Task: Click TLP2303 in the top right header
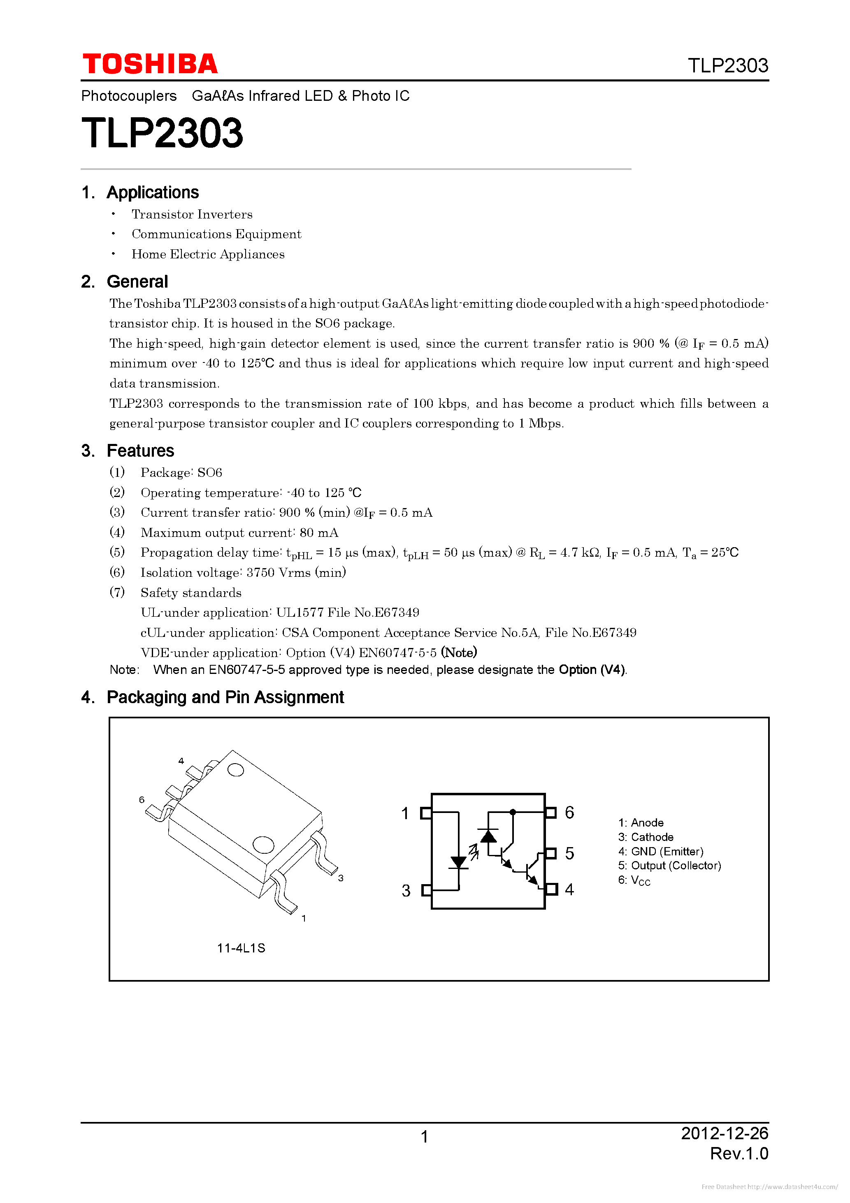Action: click(x=727, y=65)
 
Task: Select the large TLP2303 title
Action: click(x=163, y=133)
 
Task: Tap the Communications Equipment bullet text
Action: click(x=216, y=234)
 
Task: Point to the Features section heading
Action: click(x=140, y=451)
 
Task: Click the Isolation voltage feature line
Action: click(x=243, y=573)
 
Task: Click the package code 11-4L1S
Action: click(x=241, y=948)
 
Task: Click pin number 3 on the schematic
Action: click(x=406, y=891)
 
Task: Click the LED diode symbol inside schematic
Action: click(x=459, y=862)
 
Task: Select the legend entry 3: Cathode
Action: click(x=646, y=837)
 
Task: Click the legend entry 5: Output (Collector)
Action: click(x=669, y=866)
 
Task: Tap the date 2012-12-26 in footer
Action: click(x=724, y=1133)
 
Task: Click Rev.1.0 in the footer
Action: click(x=739, y=1153)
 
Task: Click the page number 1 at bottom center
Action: click(x=425, y=1136)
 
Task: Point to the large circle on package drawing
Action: click(x=263, y=845)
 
